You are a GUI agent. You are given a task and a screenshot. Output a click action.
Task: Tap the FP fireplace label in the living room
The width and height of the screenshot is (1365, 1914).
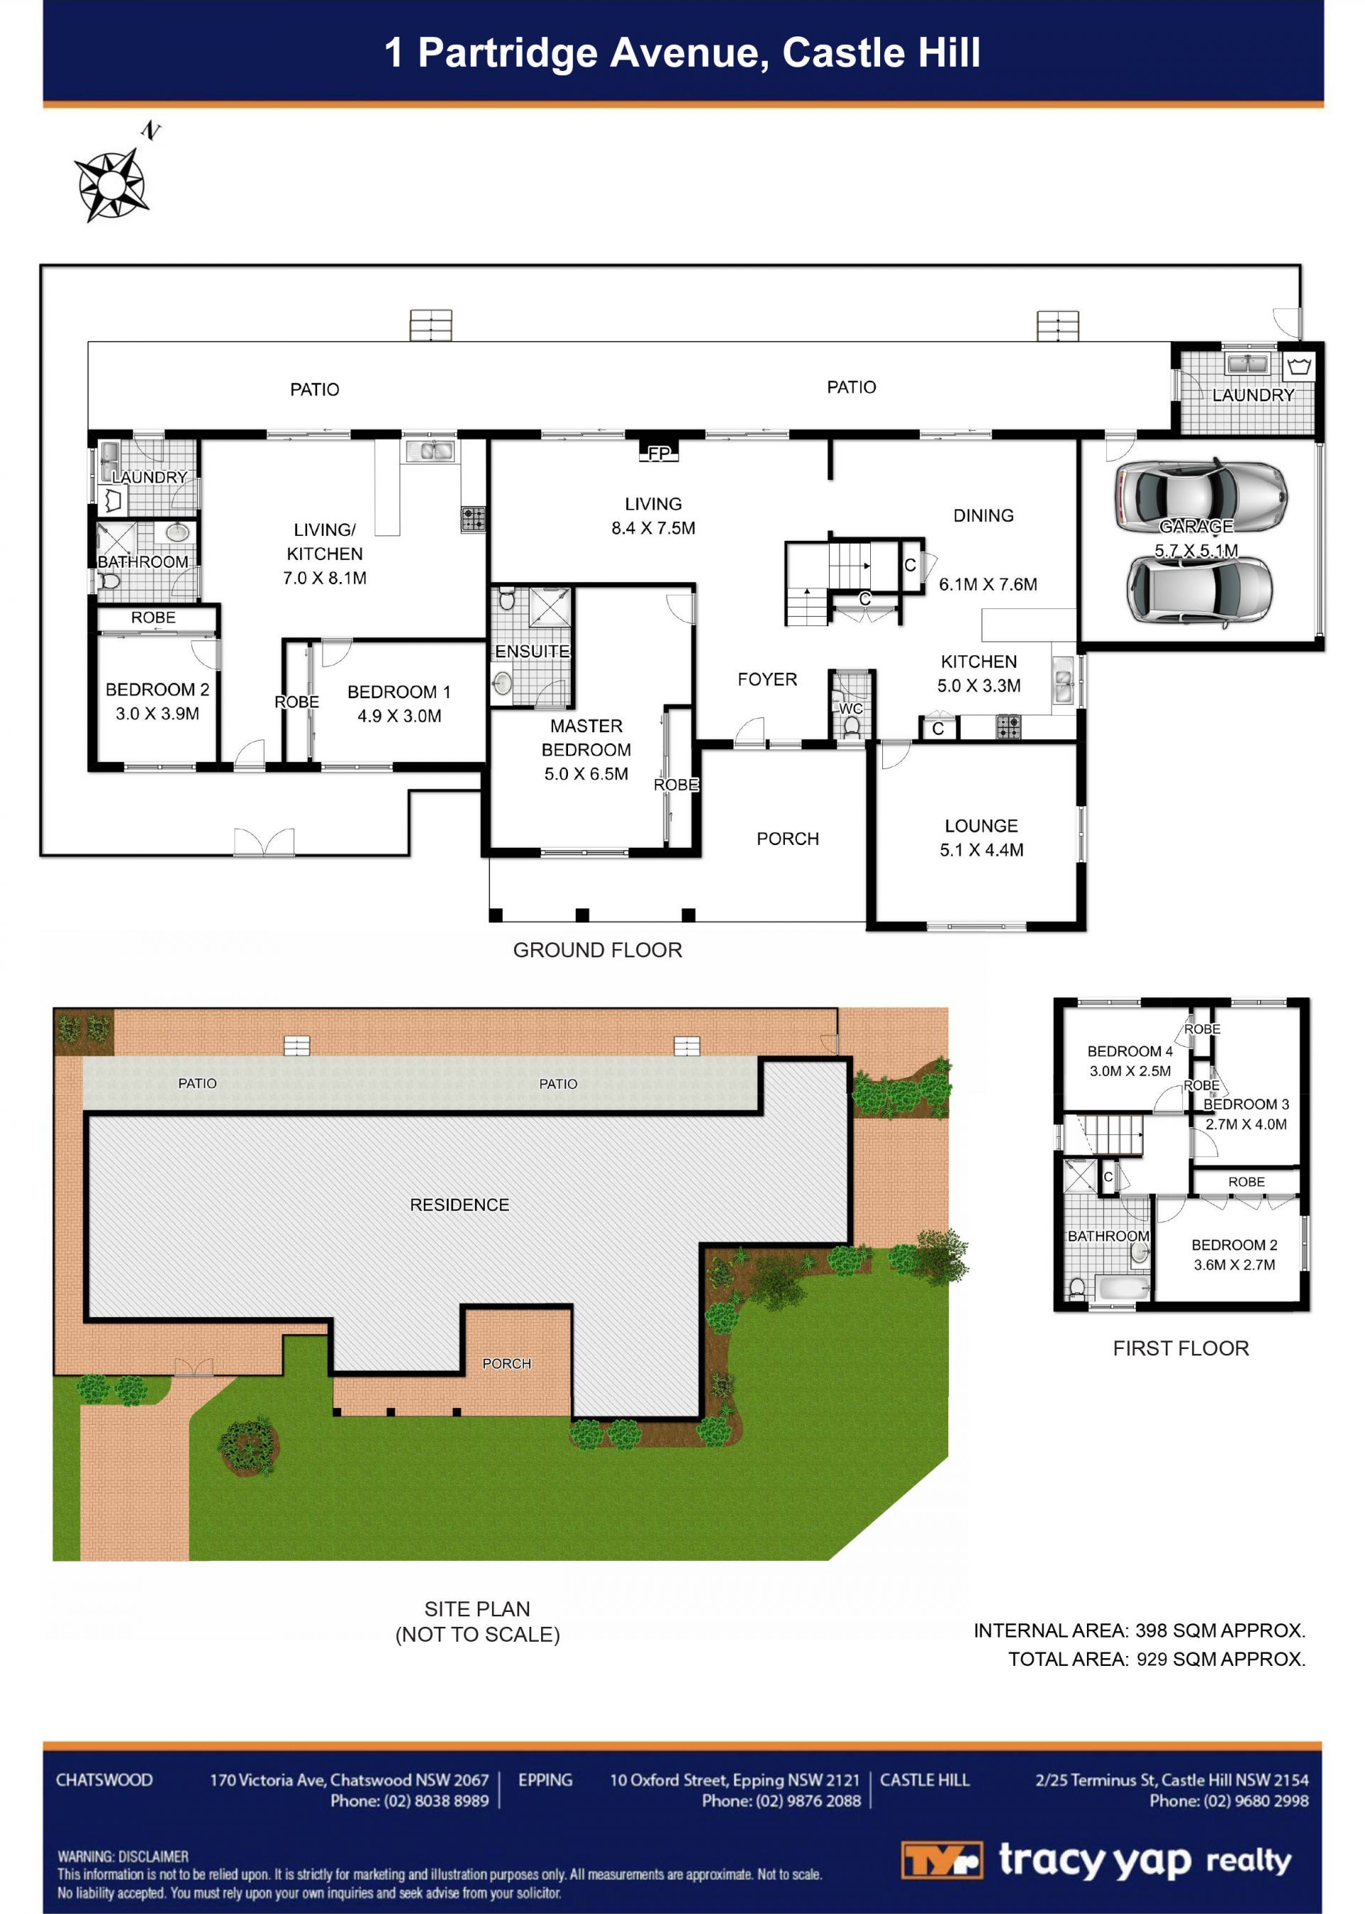coord(659,453)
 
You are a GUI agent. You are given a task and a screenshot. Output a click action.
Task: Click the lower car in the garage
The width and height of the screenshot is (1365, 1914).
coord(1199,591)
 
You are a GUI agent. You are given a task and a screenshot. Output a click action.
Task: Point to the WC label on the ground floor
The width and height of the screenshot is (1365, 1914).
coord(850,709)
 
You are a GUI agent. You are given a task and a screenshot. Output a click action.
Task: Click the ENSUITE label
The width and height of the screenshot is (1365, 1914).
coord(532,651)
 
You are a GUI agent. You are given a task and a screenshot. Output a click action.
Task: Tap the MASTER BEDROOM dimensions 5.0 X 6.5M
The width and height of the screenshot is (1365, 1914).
coord(586,774)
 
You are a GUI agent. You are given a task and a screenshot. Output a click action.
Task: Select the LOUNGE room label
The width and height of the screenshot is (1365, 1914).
coord(981,826)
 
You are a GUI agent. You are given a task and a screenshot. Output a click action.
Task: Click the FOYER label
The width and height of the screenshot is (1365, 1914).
coord(767,679)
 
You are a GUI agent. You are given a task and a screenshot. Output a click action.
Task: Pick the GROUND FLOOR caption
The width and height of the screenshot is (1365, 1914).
coord(598,950)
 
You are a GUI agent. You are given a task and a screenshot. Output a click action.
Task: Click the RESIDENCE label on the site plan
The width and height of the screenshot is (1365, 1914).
coord(460,1205)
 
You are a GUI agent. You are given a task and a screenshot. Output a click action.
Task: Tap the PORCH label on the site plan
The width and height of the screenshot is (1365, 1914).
coord(507,1364)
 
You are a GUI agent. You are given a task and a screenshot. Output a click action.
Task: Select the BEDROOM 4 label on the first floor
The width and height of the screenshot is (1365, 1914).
coord(1130,1051)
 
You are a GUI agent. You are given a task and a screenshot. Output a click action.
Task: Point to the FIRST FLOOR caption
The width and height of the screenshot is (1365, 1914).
coord(1181,1348)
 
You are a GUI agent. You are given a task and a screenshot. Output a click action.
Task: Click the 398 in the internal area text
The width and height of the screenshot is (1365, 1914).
coord(1151,1631)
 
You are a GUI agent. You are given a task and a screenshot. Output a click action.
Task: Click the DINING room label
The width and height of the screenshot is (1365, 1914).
coord(983,516)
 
